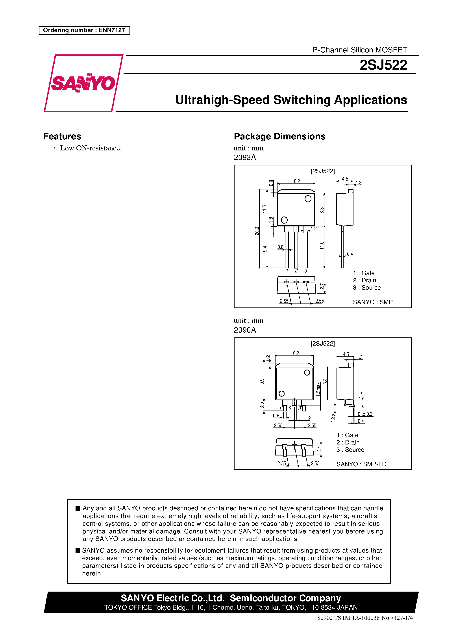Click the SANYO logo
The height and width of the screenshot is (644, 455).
pyautogui.click(x=83, y=83)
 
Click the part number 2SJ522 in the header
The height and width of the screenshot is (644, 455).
pyautogui.click(x=383, y=65)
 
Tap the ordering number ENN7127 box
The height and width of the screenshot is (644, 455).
pyautogui.click(x=84, y=30)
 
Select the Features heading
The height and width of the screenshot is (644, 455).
pyautogui.click(x=62, y=136)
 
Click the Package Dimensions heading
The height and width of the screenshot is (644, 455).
pyautogui.click(x=279, y=136)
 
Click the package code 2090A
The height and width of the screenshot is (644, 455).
pyautogui.click(x=245, y=330)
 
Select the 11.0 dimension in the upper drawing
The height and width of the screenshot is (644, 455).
pyautogui.click(x=322, y=245)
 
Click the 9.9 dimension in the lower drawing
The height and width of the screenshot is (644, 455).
pyautogui.click(x=262, y=381)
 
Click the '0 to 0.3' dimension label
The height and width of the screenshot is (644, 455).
pyautogui.click(x=365, y=414)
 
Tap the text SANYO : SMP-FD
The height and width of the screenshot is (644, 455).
pyautogui.click(x=361, y=464)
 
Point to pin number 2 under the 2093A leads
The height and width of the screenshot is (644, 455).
pyautogui.click(x=296, y=271)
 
